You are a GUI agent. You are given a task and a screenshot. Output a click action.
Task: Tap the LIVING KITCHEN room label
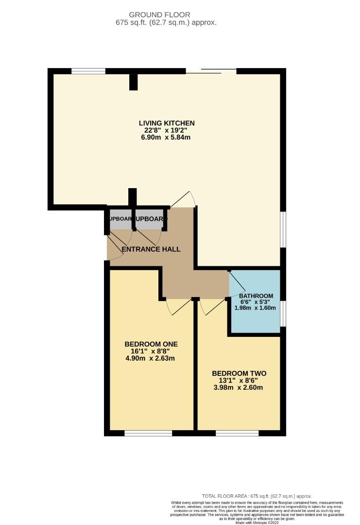(x=167, y=122)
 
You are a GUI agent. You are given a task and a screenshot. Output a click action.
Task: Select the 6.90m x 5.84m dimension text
(x=167, y=137)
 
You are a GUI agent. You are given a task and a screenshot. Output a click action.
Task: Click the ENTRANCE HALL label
(x=151, y=249)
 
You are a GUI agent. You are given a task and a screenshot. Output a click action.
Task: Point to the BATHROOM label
(x=256, y=296)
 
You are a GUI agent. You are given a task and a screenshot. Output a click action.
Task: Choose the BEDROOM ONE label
(x=151, y=344)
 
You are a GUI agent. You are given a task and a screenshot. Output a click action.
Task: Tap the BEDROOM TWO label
(x=239, y=373)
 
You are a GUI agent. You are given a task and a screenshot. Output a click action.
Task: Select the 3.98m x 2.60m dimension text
(x=239, y=388)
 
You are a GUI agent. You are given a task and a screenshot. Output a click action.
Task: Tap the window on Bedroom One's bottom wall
(x=148, y=433)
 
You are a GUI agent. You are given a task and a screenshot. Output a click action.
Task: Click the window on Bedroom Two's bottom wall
(x=237, y=433)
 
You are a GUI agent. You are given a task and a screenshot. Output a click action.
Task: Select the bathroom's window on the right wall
(x=283, y=313)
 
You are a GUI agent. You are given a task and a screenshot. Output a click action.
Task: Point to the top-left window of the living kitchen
(x=88, y=71)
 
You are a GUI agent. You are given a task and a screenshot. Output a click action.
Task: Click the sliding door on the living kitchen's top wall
(x=211, y=71)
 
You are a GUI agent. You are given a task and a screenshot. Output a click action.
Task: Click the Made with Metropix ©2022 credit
(x=257, y=523)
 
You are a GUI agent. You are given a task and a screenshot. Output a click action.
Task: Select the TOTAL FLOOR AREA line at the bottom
(x=257, y=495)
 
